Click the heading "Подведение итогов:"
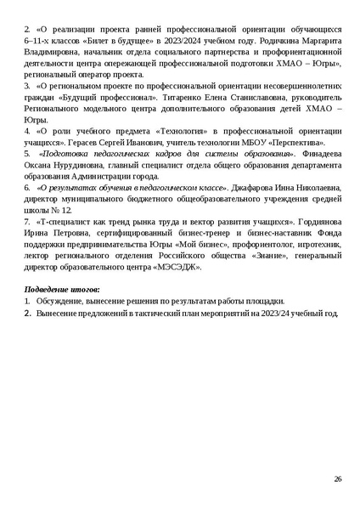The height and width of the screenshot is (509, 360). [61, 289]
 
